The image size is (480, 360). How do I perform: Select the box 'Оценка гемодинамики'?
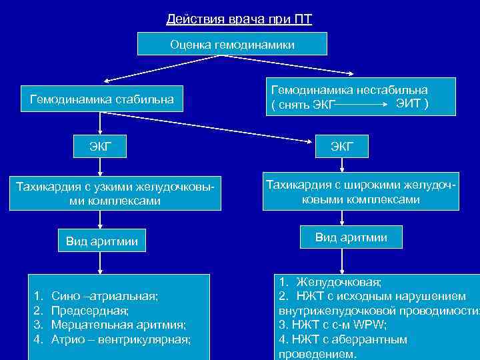click(x=232, y=44)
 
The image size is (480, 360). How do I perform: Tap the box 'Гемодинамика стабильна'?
click(x=102, y=100)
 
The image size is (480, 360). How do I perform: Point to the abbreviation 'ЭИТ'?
click(x=408, y=104)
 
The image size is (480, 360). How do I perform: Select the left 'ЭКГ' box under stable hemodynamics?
click(x=101, y=146)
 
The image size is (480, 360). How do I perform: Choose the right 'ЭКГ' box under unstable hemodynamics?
click(x=342, y=146)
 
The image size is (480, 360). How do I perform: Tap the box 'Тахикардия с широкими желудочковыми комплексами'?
click(x=361, y=191)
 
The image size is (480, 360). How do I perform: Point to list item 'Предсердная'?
click(x=90, y=310)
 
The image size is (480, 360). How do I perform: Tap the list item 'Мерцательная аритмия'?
click(x=118, y=325)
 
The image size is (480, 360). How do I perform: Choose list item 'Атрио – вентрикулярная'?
click(x=121, y=339)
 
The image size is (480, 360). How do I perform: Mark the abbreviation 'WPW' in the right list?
click(x=369, y=325)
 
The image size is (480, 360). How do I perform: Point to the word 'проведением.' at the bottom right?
click(x=318, y=354)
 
